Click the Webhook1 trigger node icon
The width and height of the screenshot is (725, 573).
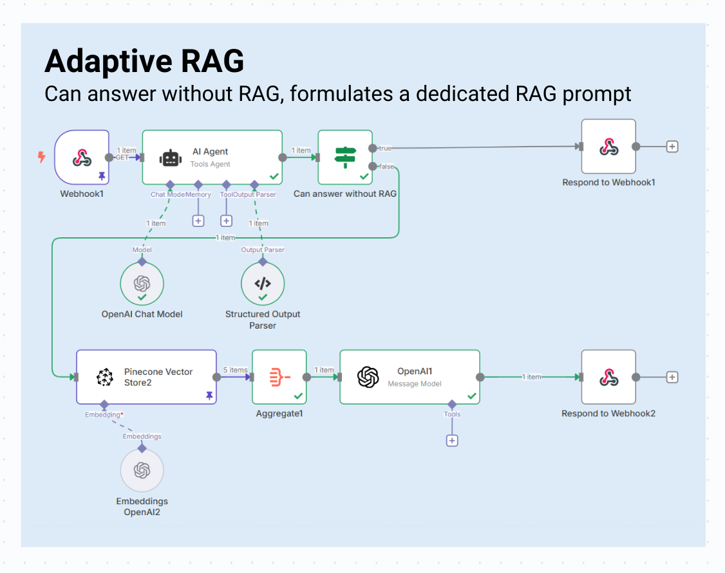tap(82, 157)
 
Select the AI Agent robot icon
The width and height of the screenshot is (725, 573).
tap(170, 158)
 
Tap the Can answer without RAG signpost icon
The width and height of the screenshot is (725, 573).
tap(345, 157)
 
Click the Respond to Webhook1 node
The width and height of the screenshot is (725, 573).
tap(608, 147)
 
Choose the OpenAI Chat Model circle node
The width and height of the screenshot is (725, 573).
tap(142, 284)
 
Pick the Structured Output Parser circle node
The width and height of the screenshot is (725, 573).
tap(262, 284)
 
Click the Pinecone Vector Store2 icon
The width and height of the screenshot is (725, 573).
tap(104, 377)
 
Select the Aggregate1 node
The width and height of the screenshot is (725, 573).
tap(279, 377)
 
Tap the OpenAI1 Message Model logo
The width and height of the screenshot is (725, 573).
tap(368, 377)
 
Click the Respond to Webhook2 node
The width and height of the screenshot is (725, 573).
tap(608, 377)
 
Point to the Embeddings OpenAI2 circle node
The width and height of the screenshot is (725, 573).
tap(142, 471)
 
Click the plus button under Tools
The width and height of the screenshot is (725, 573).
tap(452, 441)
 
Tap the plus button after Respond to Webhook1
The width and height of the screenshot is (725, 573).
tap(672, 147)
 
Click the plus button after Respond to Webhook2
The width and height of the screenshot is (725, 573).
tap(672, 377)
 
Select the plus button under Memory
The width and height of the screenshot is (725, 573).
tap(198, 221)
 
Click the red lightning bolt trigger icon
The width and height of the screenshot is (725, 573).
tap(42, 156)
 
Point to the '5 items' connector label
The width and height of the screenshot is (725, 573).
tap(235, 370)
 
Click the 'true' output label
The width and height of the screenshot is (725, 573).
tap(385, 148)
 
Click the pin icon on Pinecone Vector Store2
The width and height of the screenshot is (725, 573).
tap(209, 396)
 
